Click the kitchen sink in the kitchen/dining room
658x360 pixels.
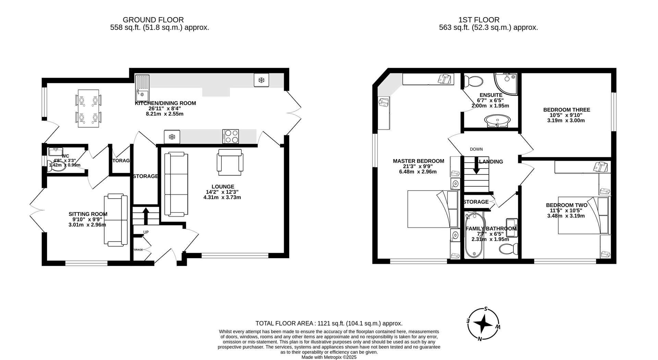pos(142,87)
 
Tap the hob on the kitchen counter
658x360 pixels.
pos(231,136)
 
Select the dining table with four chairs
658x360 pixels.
pos(89,108)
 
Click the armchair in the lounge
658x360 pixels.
pos(230,161)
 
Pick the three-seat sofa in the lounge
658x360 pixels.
pos(176,184)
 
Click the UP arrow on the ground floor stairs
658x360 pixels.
pos(146,216)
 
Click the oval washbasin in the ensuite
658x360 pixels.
pos(497,121)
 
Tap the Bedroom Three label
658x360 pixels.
pos(566,110)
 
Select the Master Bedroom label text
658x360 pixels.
pos(418,161)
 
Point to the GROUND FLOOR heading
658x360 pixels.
pos(153,20)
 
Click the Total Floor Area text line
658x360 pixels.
pos(329,323)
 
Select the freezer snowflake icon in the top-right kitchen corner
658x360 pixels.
pos(261,80)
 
